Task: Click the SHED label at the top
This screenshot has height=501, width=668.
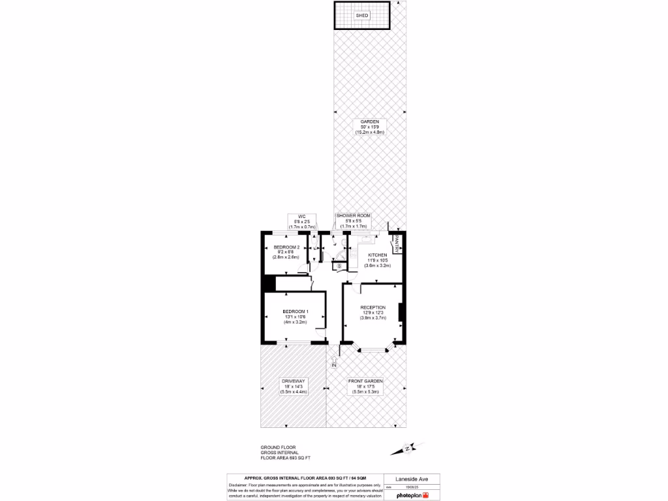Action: (x=362, y=15)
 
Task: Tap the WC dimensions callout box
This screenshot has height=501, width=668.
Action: (x=301, y=221)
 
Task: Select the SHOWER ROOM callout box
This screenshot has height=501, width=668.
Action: (x=353, y=220)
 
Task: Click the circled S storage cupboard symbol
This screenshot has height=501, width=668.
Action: (x=339, y=266)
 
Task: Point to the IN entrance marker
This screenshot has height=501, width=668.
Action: (x=334, y=365)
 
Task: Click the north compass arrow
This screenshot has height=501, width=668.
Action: (x=406, y=448)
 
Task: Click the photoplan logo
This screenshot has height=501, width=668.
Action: (x=412, y=495)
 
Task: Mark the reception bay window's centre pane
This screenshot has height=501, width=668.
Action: (x=373, y=350)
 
